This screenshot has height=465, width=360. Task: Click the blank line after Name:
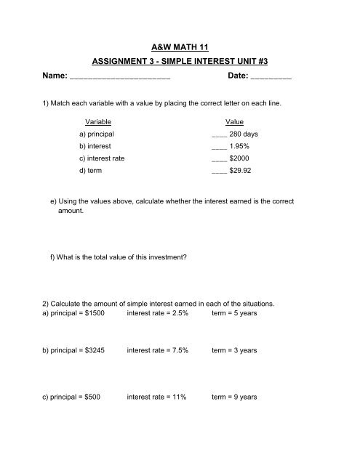tap(119, 76)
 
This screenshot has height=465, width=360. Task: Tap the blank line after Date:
tap(271, 76)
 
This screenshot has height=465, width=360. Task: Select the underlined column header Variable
tap(98, 121)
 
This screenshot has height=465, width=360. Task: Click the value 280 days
tap(244, 134)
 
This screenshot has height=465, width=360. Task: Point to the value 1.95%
tap(241, 147)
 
